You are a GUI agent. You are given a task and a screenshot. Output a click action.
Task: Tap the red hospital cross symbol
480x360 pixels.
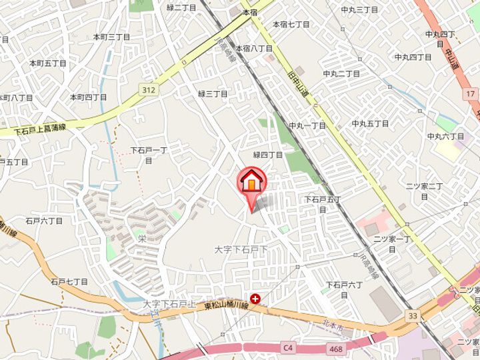255,299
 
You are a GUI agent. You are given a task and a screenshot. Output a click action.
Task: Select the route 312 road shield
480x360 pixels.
148,88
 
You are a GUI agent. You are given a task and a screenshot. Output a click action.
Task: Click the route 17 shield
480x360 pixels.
471,94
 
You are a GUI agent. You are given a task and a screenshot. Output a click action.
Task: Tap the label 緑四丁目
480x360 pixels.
267,155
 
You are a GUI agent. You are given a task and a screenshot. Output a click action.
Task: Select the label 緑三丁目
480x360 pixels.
213,94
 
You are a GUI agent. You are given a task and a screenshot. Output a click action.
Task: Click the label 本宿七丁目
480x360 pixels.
291,24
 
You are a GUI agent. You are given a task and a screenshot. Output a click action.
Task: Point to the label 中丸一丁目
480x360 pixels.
307,125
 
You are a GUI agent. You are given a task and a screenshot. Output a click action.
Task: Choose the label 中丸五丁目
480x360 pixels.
370,123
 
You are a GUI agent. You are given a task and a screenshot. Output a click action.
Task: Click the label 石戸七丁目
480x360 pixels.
69,282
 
